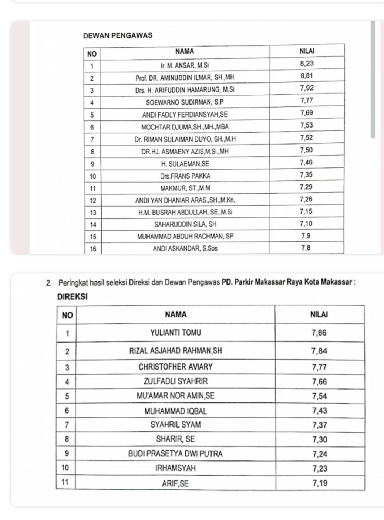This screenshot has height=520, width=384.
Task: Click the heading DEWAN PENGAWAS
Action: coord(118,35)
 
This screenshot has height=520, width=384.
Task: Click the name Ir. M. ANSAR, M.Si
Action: coord(185,66)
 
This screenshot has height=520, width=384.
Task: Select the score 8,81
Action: coord(307,76)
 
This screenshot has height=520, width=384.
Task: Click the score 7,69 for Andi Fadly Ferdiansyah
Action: coord(307,113)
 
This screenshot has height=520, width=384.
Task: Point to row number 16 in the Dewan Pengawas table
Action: coord(93,249)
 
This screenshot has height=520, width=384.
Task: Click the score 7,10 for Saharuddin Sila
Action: coord(306,224)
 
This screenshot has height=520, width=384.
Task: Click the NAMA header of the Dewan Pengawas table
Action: coord(185,51)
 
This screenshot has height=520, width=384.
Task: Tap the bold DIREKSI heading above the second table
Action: coord(73,297)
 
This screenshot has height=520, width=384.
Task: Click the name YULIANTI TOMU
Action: coord(176,333)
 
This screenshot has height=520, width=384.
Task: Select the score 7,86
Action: coord(319,333)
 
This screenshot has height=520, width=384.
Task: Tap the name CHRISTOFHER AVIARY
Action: coord(176,367)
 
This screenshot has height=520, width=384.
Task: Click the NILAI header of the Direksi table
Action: coord(319,315)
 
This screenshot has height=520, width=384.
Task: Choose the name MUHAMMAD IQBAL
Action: coord(176,411)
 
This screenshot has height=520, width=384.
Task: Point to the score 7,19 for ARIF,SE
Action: coord(320,483)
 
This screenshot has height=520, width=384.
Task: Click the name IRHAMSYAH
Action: coord(175,468)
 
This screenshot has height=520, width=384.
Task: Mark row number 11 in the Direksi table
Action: coord(65,482)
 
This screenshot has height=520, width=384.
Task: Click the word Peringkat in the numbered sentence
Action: coord(72,283)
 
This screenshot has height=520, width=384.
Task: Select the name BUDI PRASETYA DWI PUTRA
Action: coord(175,454)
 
